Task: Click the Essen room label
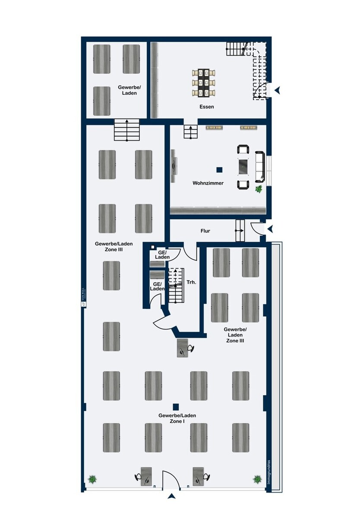click(207, 107)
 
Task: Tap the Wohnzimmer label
click(208, 183)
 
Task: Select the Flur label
click(205, 231)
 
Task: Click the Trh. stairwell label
click(191, 283)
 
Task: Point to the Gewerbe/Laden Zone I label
click(177, 418)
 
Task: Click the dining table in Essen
click(204, 82)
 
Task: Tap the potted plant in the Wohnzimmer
click(259, 189)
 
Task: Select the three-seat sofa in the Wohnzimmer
click(260, 166)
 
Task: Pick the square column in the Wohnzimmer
click(219, 170)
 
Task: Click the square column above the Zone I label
click(176, 406)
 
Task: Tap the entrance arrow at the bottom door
click(172, 496)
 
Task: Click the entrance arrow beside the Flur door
click(270, 228)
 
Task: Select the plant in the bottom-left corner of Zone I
click(92, 479)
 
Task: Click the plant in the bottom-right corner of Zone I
click(257, 479)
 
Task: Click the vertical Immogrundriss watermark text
click(268, 472)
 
